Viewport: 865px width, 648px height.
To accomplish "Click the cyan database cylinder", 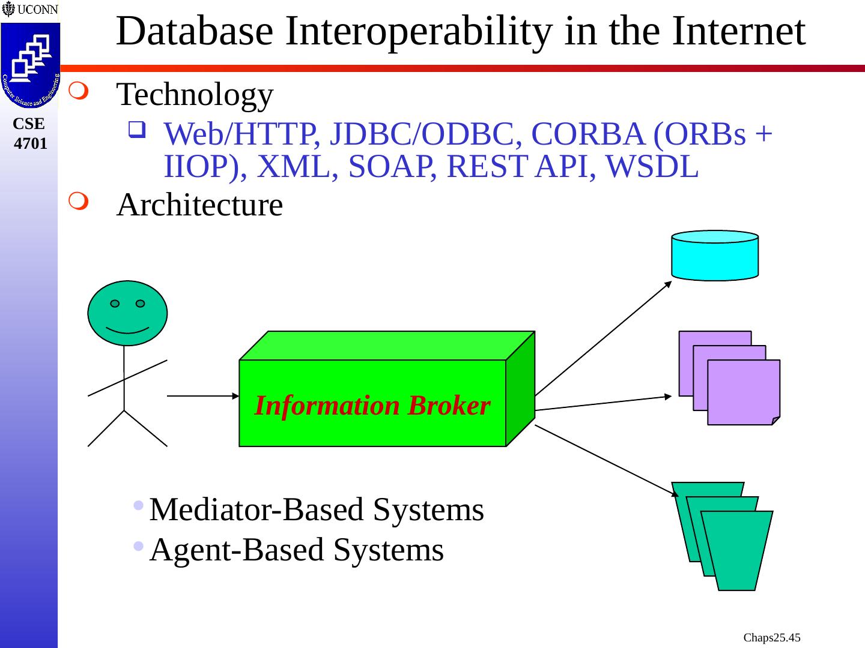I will [x=715, y=256].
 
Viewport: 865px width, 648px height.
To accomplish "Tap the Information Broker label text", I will [x=372, y=406].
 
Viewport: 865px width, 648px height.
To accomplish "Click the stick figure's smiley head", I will [x=127, y=313].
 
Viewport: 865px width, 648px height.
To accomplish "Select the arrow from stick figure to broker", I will [x=203, y=396].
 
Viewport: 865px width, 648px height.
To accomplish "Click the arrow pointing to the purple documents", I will [x=603, y=403].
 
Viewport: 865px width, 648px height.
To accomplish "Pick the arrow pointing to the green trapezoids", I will [x=605, y=460].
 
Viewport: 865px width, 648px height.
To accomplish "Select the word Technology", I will [x=195, y=95].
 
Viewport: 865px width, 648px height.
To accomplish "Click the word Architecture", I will [x=199, y=205].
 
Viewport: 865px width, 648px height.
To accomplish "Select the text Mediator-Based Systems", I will [x=317, y=510].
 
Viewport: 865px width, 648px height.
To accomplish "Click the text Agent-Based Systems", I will [x=297, y=550].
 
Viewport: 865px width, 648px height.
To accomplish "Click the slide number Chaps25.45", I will [x=772, y=637].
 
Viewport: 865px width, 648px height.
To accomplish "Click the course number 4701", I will [x=30, y=143].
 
